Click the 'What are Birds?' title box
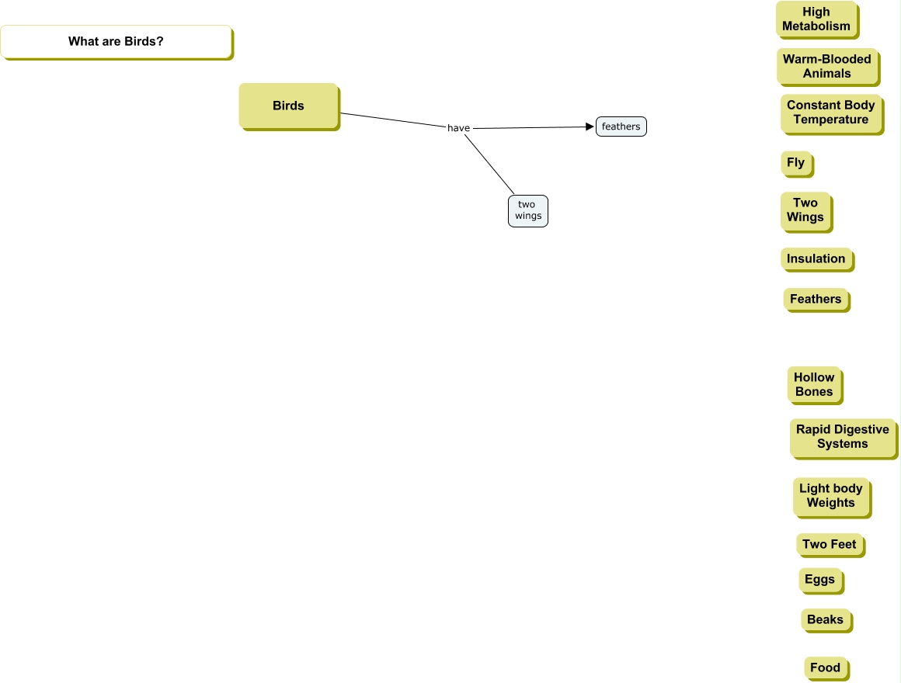click(x=116, y=42)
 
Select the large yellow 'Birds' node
click(x=288, y=106)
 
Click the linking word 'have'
click(x=458, y=128)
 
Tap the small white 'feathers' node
click(x=621, y=127)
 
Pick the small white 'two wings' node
click(x=527, y=210)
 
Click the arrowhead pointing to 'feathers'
click(x=590, y=127)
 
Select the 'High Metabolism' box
click(x=816, y=19)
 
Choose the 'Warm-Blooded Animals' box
click(x=827, y=66)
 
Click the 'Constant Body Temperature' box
click(x=831, y=113)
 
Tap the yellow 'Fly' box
click(x=796, y=163)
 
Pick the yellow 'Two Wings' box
click(x=805, y=210)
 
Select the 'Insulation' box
click(x=816, y=259)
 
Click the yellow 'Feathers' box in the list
click(x=816, y=300)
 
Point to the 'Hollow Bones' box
click(x=814, y=385)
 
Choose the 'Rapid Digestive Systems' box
click(x=843, y=437)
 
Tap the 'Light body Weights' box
click(x=831, y=496)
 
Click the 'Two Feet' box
click(x=830, y=545)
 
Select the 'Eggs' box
click(x=820, y=580)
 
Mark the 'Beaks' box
click(x=825, y=620)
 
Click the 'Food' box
click(x=826, y=668)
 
